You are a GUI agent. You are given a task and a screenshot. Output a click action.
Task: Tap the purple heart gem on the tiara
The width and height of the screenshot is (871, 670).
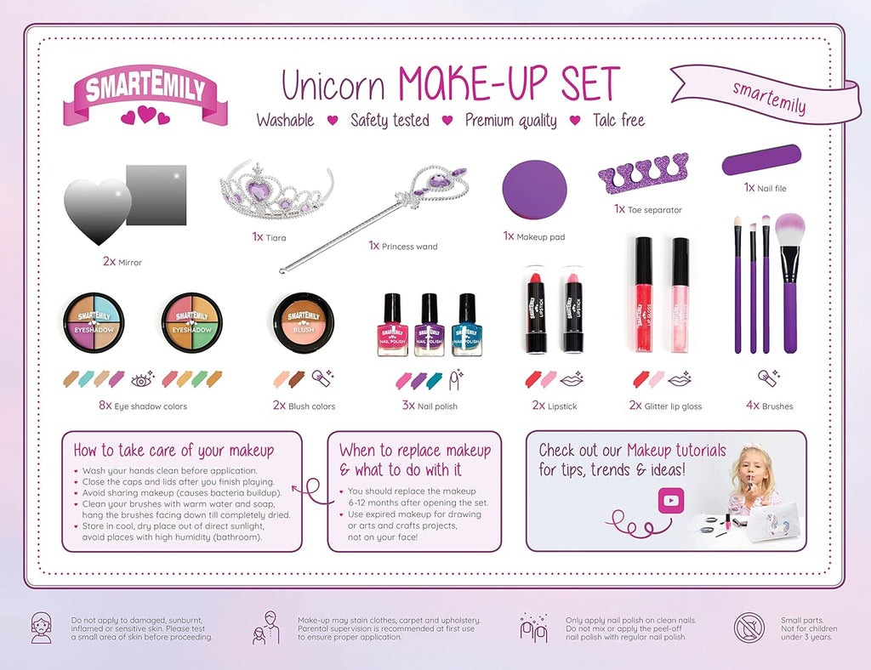[x=259, y=191]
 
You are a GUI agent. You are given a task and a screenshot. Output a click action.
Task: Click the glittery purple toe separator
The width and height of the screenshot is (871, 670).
[x=643, y=173]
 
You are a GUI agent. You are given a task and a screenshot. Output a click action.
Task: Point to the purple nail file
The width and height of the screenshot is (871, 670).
[x=761, y=160]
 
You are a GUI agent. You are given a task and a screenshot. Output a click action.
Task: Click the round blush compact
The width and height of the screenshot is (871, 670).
[x=304, y=322]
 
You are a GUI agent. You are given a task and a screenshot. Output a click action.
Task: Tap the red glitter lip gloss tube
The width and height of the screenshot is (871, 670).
[x=644, y=294]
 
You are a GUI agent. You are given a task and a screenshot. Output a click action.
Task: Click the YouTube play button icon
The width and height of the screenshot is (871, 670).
[x=671, y=500]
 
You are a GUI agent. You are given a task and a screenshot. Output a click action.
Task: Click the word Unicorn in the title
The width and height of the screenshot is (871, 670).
[x=333, y=86]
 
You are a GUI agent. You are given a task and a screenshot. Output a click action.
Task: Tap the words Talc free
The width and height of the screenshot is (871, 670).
[x=619, y=120]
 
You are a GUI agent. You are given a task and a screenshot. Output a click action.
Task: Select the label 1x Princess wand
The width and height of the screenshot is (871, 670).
[x=403, y=246]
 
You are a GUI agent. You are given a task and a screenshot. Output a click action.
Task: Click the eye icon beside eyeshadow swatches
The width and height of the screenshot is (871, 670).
[x=143, y=380]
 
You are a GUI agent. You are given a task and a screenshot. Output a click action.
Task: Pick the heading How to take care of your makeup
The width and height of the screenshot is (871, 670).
[x=174, y=450]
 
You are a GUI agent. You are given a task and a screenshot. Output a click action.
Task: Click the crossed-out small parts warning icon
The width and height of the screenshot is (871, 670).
[x=749, y=628]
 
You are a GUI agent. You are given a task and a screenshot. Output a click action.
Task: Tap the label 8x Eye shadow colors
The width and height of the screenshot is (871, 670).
[x=143, y=406]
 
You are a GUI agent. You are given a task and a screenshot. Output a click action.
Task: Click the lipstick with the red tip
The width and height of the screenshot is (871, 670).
[x=536, y=309]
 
